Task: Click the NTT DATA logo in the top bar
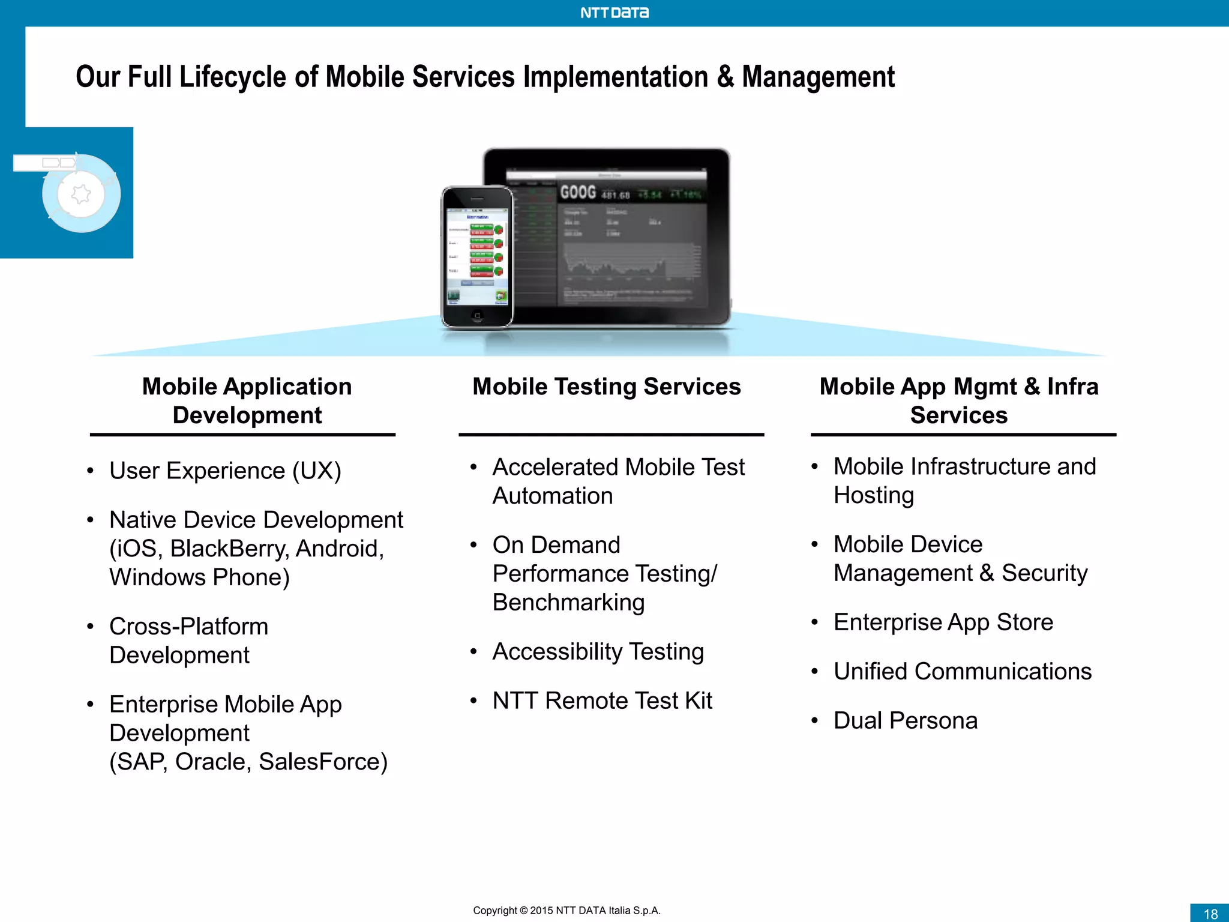coord(614,13)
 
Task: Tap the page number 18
coord(1210,914)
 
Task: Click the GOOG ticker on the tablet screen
coord(578,192)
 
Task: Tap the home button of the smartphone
coord(477,315)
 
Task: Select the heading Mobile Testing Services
coord(607,387)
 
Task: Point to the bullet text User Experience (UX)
coord(225,471)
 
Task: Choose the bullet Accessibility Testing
coord(598,651)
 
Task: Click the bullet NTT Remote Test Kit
coord(602,701)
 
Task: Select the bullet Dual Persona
coord(905,720)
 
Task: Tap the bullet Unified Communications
coord(962,671)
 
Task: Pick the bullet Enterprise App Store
coord(943,622)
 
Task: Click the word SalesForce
coord(323,762)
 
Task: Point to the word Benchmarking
coord(568,602)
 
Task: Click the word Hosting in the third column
coord(874,495)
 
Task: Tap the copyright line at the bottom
coord(566,910)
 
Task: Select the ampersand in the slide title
coord(725,77)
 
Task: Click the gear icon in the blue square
coord(81,194)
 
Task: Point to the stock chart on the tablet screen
coord(630,264)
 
